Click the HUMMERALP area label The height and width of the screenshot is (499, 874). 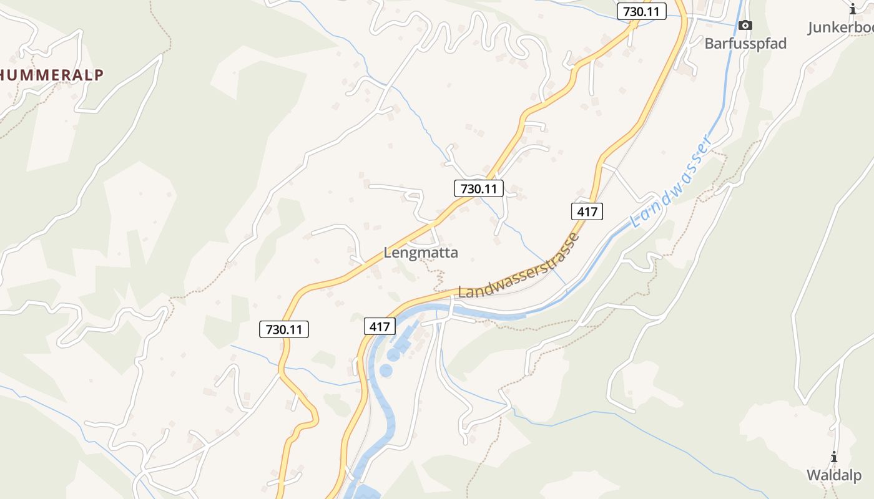point(51,75)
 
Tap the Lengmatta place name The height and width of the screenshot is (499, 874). point(420,253)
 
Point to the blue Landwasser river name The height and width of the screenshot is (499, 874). point(671,182)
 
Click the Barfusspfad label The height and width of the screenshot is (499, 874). point(745,44)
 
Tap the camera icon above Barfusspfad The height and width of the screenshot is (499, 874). point(745,26)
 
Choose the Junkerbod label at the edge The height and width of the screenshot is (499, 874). point(840,28)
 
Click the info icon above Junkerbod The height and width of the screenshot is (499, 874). point(853,9)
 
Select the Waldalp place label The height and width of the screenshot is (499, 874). point(833,475)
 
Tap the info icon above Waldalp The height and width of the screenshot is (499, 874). point(833,457)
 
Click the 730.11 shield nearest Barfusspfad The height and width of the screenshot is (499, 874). point(641,11)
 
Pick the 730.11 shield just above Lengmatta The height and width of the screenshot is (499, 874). point(478,188)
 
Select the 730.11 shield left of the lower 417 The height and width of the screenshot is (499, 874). point(284,329)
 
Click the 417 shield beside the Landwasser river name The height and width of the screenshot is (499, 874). point(587,211)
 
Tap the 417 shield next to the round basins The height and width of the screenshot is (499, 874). point(380,326)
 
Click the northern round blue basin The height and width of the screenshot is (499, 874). point(394,354)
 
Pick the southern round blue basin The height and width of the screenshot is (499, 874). point(386,371)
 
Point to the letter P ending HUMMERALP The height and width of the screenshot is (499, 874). point(98,75)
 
